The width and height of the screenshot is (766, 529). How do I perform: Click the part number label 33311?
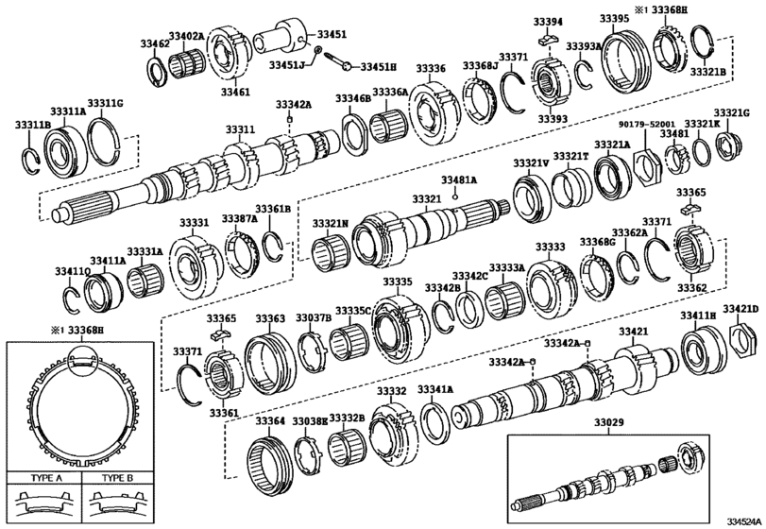click(239, 129)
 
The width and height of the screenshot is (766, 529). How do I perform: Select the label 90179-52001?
click(647, 124)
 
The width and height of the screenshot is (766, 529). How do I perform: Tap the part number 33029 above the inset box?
click(631, 427)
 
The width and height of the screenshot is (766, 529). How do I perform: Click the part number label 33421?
click(633, 332)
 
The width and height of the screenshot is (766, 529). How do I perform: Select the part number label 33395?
click(613, 19)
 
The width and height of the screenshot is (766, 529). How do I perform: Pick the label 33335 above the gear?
click(397, 282)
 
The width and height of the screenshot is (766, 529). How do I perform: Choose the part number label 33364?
click(269, 420)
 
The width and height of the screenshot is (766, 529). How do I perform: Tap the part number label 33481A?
click(459, 179)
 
